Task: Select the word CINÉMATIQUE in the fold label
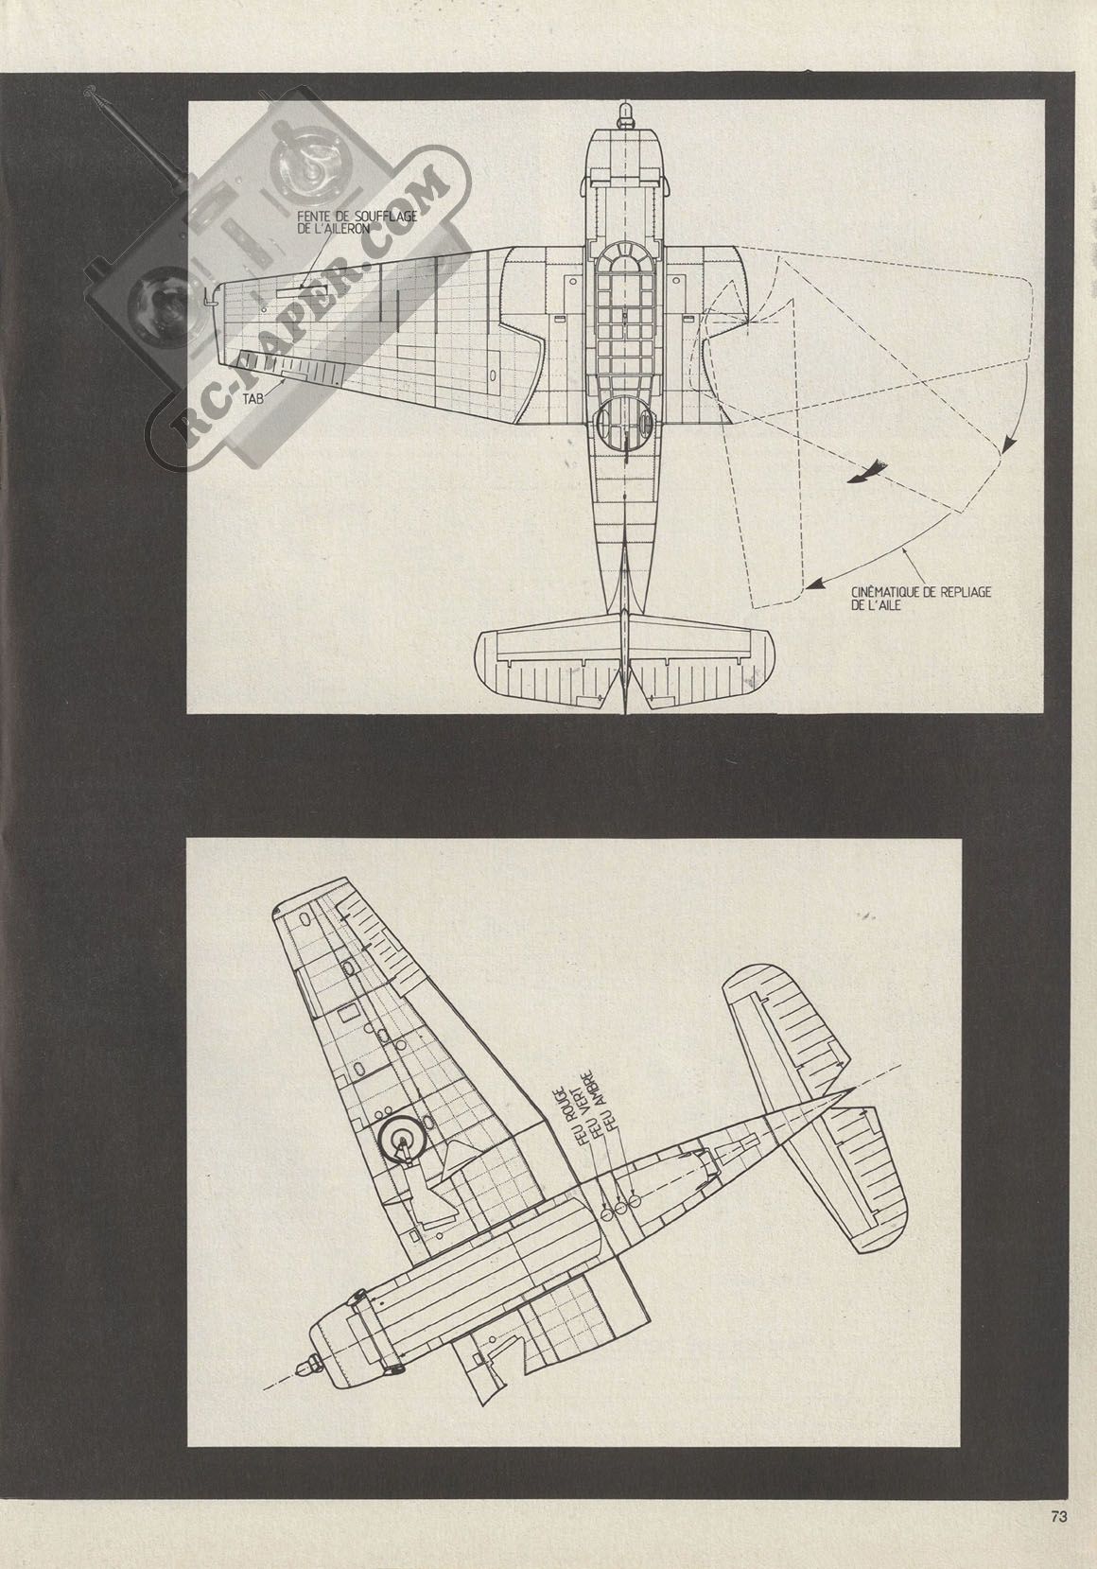[x=885, y=593]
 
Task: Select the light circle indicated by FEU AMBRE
[x=634, y=1201]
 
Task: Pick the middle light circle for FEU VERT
[x=620, y=1208]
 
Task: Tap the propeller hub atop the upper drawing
[x=625, y=115]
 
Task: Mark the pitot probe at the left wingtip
[x=208, y=298]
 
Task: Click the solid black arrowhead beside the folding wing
[x=866, y=473]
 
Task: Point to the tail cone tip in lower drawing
[x=852, y=1090]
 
